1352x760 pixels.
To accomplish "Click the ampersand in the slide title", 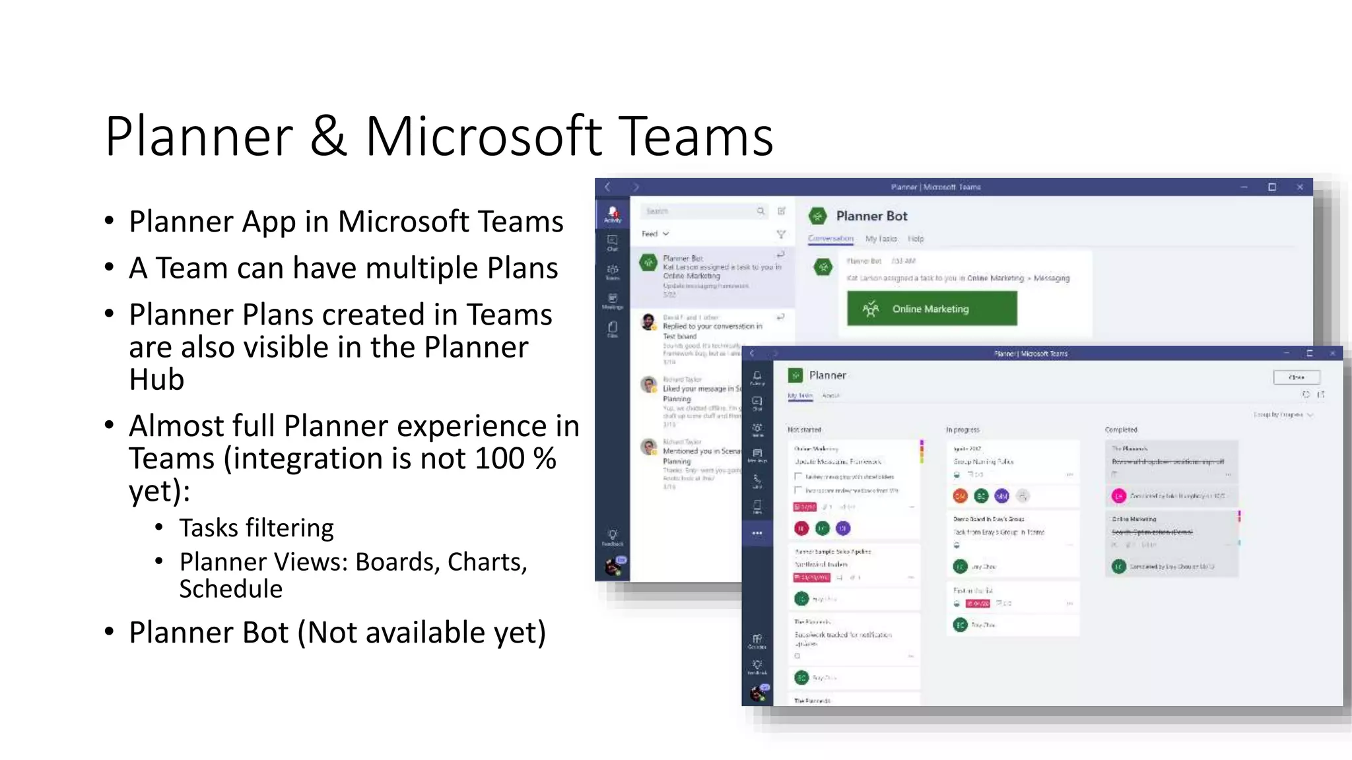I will [x=328, y=137].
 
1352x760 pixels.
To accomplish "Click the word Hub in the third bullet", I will [x=156, y=379].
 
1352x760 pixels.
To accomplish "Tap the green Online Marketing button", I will [x=931, y=309].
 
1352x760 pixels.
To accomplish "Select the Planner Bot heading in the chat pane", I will [x=871, y=216].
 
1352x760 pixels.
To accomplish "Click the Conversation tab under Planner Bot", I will [x=830, y=239].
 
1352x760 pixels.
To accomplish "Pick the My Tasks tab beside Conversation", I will [x=881, y=239].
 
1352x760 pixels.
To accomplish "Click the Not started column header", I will [x=804, y=429].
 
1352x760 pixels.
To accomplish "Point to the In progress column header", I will [x=963, y=429].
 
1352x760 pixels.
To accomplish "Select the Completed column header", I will [x=1121, y=429].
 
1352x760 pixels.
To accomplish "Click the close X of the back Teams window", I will [x=1300, y=187].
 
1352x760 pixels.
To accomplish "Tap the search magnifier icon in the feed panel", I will [x=760, y=211].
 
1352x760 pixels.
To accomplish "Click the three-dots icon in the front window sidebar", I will [x=757, y=533].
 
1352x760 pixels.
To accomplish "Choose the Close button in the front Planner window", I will [x=1297, y=377].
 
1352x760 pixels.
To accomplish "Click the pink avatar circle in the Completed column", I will [x=1118, y=495].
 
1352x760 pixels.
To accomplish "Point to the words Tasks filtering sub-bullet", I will [x=256, y=528].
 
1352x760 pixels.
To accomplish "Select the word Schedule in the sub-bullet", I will [x=230, y=589].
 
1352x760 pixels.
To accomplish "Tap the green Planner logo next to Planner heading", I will [x=795, y=375].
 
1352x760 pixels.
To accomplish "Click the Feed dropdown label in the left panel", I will [x=650, y=234].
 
